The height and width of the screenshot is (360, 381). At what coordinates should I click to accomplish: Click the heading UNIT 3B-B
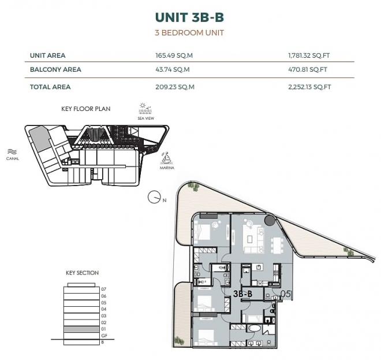tap(189, 17)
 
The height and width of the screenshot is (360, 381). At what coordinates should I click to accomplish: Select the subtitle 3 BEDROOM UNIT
tap(189, 32)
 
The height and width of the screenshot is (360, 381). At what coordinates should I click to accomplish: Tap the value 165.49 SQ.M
tap(174, 55)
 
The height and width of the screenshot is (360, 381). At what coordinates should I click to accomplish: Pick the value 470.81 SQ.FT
tap(308, 69)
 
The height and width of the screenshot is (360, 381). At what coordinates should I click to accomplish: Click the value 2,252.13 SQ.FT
tap(309, 87)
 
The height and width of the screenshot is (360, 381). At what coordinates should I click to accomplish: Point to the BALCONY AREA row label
tap(55, 69)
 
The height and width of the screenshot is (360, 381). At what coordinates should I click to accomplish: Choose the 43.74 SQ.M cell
tap(173, 69)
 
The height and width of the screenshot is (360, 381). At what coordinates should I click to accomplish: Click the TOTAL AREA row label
tap(50, 87)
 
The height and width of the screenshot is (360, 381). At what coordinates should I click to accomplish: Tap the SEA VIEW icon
tap(145, 108)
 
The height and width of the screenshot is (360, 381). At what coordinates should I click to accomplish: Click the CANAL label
tap(12, 158)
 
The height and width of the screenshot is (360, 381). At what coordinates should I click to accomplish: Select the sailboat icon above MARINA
tap(166, 158)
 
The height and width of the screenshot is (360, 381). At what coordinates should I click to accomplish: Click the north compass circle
tap(154, 197)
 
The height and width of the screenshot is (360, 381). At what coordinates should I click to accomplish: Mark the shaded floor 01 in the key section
tap(81, 329)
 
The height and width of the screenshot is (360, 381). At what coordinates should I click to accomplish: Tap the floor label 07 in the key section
tap(104, 290)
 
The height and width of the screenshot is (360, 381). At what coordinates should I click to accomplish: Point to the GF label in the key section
tap(104, 336)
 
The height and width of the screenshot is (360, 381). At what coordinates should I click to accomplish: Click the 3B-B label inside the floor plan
tap(242, 294)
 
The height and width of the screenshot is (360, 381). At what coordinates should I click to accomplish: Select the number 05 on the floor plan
tap(285, 294)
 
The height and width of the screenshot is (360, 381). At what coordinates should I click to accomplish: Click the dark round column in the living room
tap(270, 220)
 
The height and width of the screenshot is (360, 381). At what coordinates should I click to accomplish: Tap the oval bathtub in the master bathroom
tap(254, 329)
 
